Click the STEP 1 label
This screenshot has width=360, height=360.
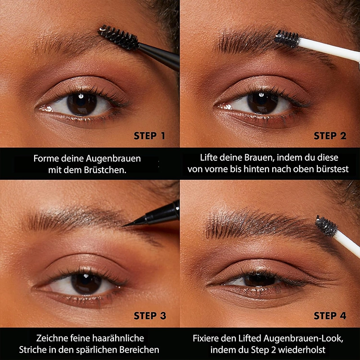click(149, 136)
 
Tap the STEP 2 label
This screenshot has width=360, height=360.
click(330, 136)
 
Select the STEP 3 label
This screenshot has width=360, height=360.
click(150, 316)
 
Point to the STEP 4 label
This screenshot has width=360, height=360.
click(330, 316)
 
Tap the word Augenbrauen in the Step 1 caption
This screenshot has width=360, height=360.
click(113, 159)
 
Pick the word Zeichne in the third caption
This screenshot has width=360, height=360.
click(52, 338)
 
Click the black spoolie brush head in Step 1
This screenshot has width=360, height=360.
click(119, 37)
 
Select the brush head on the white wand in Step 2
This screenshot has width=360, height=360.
click(288, 39)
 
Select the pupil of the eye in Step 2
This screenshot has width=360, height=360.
click(262, 103)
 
